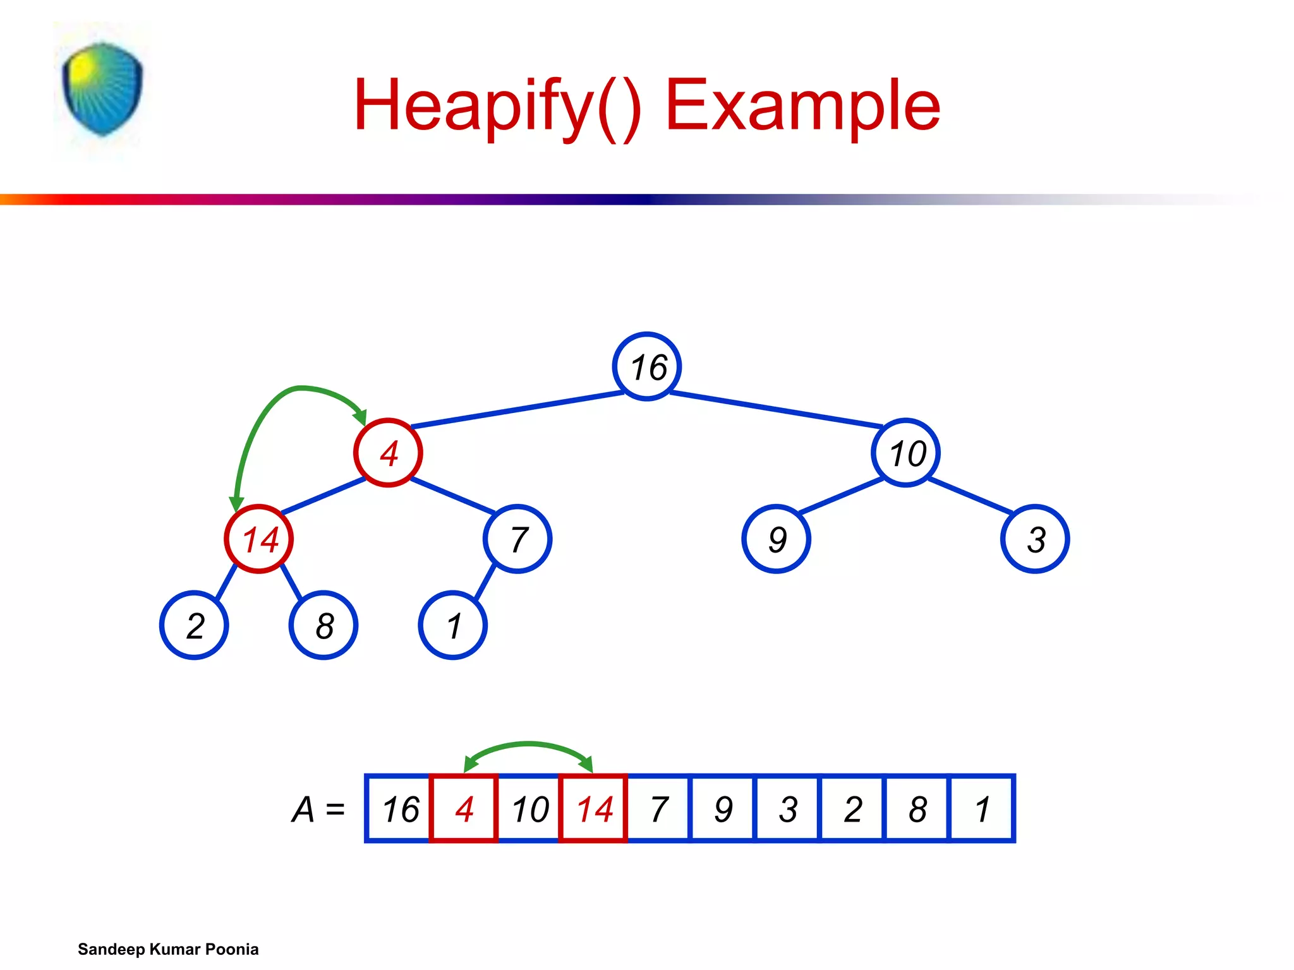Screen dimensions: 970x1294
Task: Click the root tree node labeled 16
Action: click(646, 366)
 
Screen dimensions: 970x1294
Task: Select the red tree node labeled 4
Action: click(388, 453)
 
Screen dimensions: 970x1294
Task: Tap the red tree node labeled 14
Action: click(258, 539)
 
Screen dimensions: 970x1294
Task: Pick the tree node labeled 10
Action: click(905, 453)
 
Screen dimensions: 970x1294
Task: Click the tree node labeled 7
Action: click(517, 539)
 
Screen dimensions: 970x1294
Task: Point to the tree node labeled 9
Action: click(776, 539)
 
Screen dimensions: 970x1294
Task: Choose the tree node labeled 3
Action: click(1035, 539)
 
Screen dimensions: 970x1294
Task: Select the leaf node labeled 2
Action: click(194, 625)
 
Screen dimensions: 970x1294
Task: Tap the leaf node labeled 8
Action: click(323, 625)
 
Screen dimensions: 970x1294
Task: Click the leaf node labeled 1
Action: click(452, 625)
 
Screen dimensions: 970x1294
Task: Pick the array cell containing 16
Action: click(399, 808)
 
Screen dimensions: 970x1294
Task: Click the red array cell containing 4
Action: click(464, 808)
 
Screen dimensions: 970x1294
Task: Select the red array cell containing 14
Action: click(593, 808)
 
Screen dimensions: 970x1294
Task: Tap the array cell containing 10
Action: click(529, 808)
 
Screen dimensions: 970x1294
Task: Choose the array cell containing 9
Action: click(723, 808)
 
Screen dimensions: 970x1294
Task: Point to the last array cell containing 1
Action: click(982, 808)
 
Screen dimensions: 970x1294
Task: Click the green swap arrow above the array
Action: click(528, 745)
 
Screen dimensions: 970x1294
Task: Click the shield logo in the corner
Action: click(102, 88)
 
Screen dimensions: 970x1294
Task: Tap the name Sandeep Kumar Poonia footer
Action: click(168, 949)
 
